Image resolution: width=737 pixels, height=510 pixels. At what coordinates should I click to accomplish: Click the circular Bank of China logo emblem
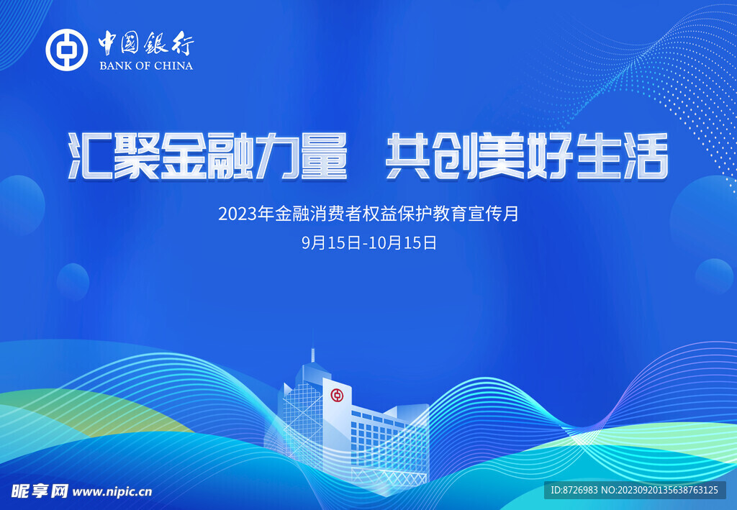click(66, 50)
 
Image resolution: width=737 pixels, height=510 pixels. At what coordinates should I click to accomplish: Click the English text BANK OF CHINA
click(146, 65)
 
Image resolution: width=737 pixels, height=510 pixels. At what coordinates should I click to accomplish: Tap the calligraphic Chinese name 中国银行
click(146, 45)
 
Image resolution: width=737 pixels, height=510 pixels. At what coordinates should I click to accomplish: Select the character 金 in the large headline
click(184, 156)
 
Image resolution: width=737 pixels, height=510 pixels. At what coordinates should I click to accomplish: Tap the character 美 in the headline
click(503, 156)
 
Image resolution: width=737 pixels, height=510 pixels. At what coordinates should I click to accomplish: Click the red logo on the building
click(337, 395)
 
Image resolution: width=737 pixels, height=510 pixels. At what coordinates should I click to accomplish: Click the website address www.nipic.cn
click(113, 491)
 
